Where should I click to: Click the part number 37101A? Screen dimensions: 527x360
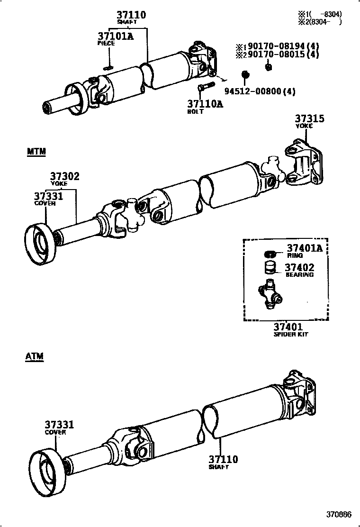pos(116,36)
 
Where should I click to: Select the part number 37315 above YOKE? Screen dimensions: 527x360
pos(310,119)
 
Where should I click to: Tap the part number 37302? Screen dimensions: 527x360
pos(65,177)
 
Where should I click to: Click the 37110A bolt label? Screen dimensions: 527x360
pos(204,104)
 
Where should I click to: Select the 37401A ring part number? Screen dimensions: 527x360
pos(304,248)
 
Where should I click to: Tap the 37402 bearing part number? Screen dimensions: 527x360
pos(299,268)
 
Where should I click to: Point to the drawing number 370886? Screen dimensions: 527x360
pos(339,515)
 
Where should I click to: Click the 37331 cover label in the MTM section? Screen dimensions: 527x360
pos(48,196)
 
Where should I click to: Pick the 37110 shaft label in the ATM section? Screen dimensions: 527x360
pos(223,459)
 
